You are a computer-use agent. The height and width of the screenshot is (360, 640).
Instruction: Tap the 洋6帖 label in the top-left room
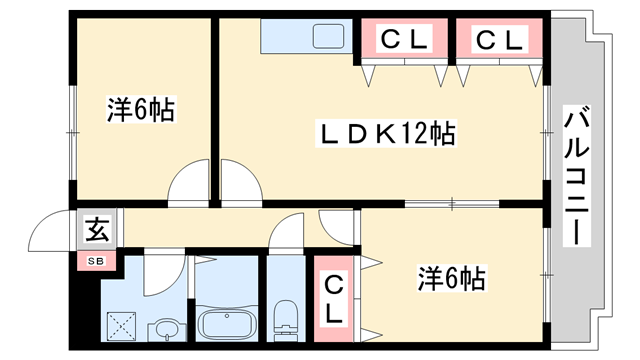click(141, 110)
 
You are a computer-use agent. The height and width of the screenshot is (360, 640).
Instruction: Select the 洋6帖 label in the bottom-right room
click(451, 278)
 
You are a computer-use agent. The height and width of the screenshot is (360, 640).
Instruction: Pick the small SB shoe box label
click(96, 261)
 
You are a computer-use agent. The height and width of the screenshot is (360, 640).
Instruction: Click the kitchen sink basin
click(327, 38)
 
